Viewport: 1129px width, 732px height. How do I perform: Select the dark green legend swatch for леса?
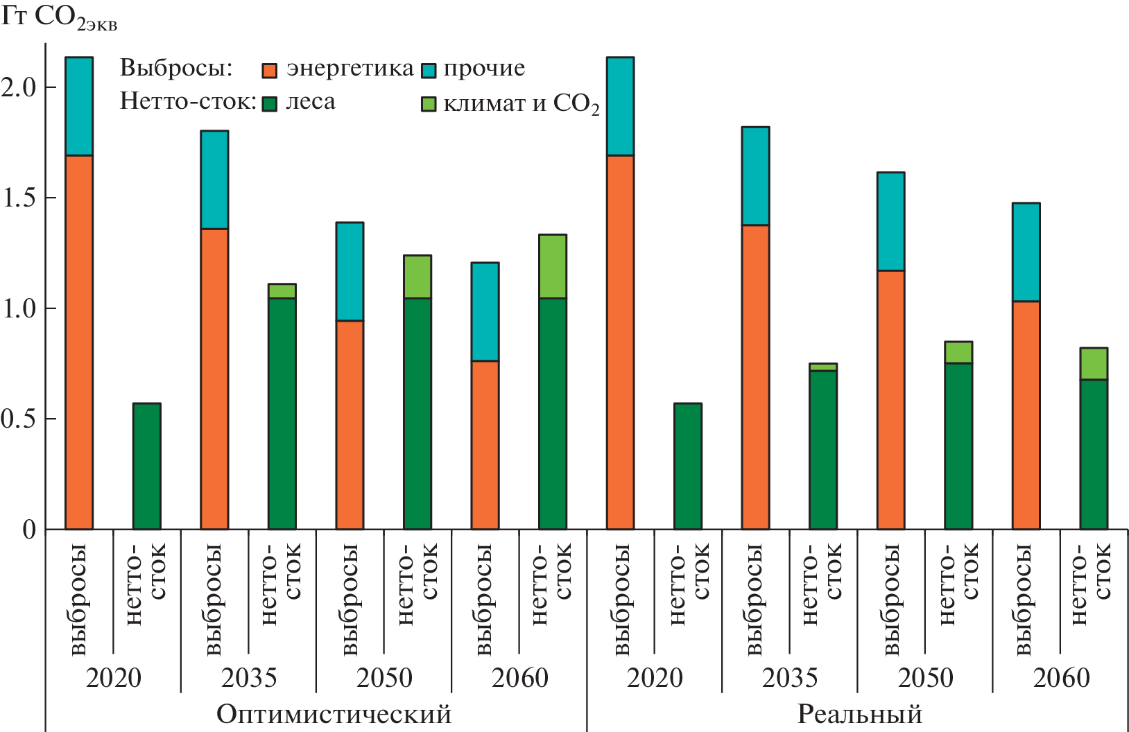(x=270, y=104)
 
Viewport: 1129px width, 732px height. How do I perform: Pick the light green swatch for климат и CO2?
(x=429, y=104)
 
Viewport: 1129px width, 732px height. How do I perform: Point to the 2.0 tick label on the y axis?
(x=19, y=87)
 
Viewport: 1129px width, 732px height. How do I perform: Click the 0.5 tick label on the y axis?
(x=19, y=419)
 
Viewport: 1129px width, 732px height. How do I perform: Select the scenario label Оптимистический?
(x=334, y=714)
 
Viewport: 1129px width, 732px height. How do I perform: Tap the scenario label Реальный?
(x=859, y=714)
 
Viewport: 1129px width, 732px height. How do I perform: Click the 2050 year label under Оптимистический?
(x=384, y=678)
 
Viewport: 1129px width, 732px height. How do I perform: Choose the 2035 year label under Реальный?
(x=790, y=678)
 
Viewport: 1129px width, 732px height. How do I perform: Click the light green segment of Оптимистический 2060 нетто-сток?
(x=553, y=266)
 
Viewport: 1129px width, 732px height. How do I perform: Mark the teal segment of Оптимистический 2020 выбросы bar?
(x=79, y=106)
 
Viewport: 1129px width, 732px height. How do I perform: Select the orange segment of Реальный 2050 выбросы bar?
(x=890, y=399)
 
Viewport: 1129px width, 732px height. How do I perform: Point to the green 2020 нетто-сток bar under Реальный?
(x=688, y=466)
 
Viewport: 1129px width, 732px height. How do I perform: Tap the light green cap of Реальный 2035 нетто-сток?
(x=823, y=367)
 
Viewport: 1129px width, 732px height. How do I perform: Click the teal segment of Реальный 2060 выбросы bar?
(x=1026, y=252)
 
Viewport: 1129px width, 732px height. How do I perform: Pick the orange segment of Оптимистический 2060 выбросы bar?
(x=485, y=445)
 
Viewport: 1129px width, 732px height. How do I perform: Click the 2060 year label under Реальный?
(x=1061, y=678)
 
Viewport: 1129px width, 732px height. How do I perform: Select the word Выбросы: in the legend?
(x=176, y=68)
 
